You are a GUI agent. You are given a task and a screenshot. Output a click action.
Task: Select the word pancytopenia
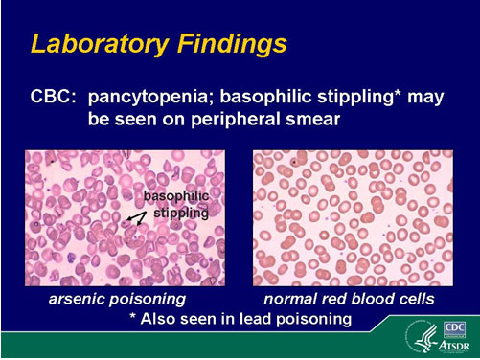point(157,99)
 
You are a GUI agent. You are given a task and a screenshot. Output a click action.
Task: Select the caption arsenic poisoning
point(117,300)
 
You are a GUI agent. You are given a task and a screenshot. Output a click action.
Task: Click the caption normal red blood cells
point(353,300)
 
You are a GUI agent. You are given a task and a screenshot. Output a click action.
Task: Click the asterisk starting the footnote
point(133,317)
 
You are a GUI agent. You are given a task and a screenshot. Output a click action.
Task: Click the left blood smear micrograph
point(125,219)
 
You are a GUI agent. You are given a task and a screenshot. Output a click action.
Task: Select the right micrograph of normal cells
point(352,219)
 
